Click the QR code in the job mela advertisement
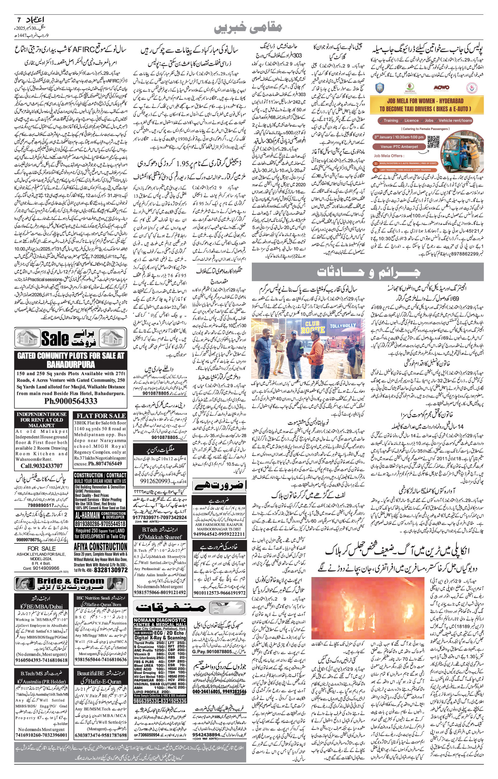tap(434, 142)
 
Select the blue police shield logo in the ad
tap(380, 88)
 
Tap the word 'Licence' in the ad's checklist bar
tap(411, 120)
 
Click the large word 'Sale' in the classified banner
tap(55, 339)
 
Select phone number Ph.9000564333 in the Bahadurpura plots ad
tap(71, 402)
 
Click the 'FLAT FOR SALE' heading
tap(101, 416)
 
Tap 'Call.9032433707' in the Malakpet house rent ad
tap(42, 466)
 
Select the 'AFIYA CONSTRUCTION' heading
tap(101, 547)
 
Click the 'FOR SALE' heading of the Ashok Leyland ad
tap(41, 548)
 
